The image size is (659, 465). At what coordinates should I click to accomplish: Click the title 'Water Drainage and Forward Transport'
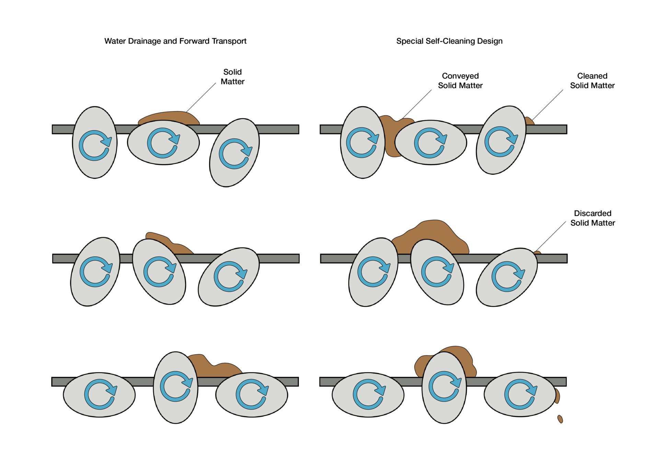point(175,41)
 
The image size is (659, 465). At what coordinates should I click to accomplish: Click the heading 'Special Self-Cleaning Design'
point(449,41)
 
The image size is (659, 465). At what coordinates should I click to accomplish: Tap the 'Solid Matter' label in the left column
point(232,77)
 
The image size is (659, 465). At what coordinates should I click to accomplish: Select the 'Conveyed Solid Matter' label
point(460,81)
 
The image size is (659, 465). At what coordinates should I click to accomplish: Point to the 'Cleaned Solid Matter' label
point(592,81)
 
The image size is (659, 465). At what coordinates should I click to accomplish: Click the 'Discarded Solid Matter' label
point(592,218)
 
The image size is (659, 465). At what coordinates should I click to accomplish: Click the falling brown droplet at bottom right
point(560,419)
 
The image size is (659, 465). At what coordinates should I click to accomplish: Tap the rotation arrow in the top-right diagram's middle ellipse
point(430,143)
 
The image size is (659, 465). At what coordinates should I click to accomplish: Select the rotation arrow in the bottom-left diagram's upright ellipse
point(176,386)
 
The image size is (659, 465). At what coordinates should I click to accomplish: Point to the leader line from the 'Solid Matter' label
point(201,97)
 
